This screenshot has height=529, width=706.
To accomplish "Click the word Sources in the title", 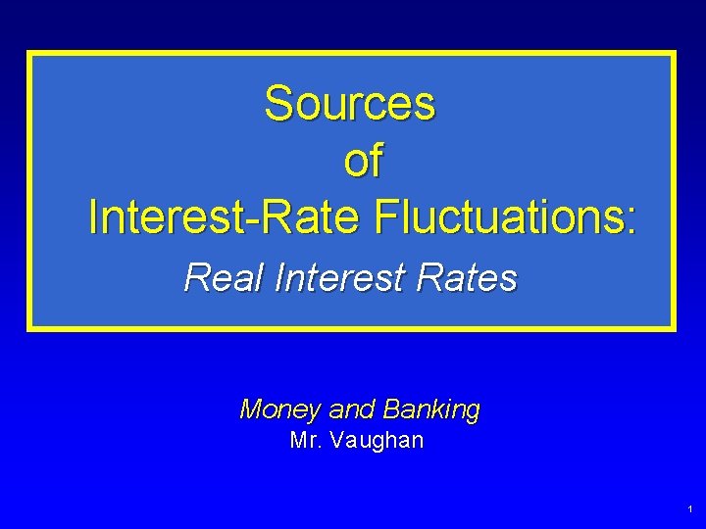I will click(349, 103).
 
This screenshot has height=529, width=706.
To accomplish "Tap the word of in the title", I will click(362, 161).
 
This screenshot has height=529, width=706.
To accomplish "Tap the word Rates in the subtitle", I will click(467, 278).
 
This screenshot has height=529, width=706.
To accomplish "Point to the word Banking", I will click(432, 409).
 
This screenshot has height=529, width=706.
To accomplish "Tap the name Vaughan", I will click(378, 442).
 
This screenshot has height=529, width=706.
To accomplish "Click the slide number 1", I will click(690, 509).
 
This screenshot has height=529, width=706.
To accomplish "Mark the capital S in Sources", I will click(278, 103).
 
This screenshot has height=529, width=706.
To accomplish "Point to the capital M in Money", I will click(252, 409).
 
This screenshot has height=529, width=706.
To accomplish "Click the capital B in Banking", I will click(393, 409).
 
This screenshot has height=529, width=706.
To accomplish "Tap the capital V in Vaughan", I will click(337, 441).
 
